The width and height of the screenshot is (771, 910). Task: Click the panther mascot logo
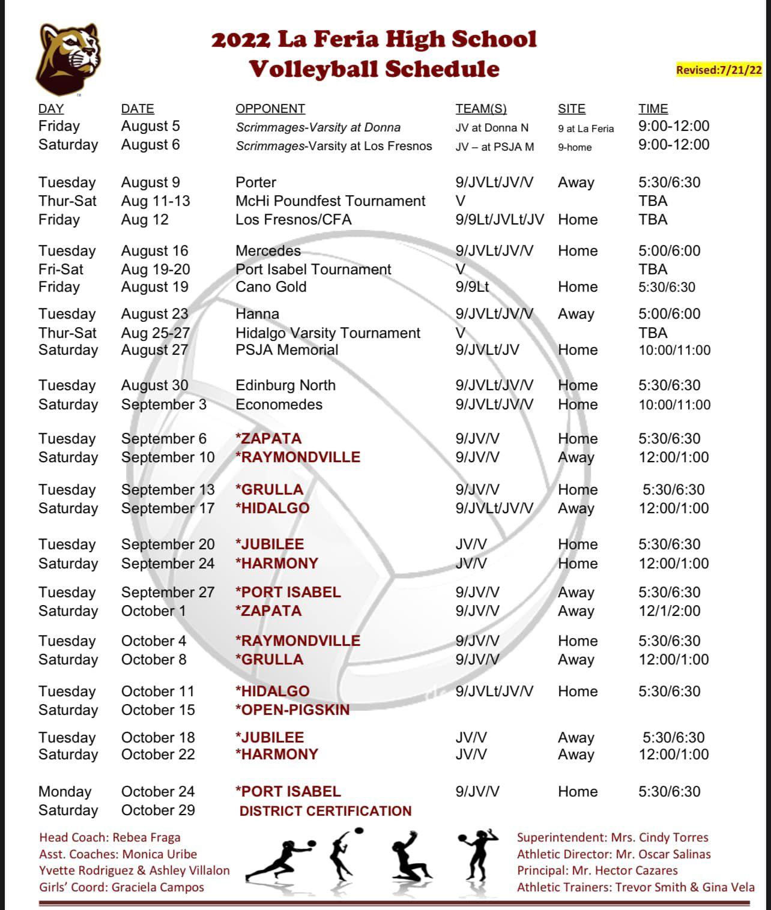pos(67,58)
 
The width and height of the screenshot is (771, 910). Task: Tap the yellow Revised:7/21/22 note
pos(719,70)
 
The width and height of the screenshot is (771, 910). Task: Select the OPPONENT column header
pos(270,109)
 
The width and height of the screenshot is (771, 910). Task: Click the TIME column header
pos(653,109)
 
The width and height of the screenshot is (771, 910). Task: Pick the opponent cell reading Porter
pos(256,182)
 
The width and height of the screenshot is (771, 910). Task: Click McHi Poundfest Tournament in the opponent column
pos(330,201)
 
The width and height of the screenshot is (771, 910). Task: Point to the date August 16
pos(154,251)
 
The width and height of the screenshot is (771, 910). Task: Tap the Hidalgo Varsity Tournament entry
pos(328,333)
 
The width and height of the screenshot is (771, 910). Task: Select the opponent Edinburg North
pos(285,385)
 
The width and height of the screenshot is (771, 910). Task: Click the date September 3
pos(163,405)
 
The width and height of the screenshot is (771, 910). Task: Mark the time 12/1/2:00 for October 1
pos(669,611)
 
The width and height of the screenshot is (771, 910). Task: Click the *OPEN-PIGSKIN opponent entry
pos(292,710)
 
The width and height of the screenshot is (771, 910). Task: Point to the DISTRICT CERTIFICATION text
pos(325,811)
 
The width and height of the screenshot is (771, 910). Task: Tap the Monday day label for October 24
pos(65,792)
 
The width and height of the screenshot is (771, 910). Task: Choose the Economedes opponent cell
pos(279,405)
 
